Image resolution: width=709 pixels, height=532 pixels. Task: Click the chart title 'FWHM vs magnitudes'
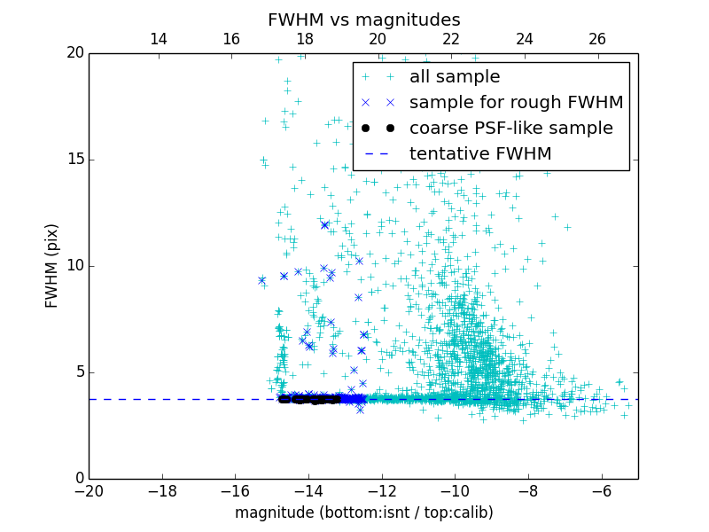pos(363,20)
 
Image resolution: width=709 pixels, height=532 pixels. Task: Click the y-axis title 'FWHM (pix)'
pos(52,265)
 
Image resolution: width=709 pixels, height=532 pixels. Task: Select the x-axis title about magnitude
pos(363,512)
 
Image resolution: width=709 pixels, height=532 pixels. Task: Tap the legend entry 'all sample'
pos(455,77)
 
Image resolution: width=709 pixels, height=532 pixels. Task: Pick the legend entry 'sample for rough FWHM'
pos(517,102)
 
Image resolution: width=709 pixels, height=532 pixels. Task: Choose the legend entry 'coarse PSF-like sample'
pos(510,128)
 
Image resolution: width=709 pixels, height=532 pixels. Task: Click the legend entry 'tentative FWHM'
pos(480,153)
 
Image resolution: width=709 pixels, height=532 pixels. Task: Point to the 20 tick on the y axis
pos(74,53)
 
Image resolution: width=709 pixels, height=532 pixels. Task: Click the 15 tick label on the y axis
pos(74,160)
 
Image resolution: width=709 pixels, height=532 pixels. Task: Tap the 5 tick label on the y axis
pos(79,372)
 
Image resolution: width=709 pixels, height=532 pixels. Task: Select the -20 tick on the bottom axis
pos(89,490)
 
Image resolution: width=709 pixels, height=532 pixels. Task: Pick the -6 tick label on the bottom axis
pos(601,490)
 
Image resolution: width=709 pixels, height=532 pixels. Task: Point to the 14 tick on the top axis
pos(159,39)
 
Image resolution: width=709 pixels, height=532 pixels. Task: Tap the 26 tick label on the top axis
pos(597,39)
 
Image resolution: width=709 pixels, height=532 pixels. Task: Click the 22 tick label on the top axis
pos(451,39)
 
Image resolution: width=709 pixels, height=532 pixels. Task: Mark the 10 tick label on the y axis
pos(74,266)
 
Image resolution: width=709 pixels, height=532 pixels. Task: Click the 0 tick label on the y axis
pos(79,479)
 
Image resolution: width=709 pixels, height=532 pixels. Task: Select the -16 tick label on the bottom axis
pos(235,490)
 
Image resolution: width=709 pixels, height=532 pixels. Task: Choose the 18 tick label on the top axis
pos(305,39)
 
